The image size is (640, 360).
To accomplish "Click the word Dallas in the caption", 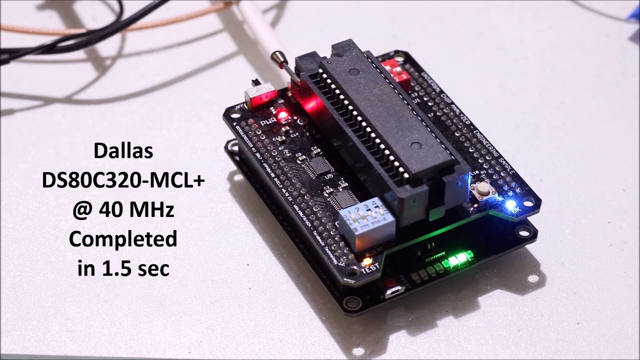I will click(123, 151).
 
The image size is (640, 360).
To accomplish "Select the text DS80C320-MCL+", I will click(123, 181).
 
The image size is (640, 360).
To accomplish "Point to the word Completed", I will click(123, 239).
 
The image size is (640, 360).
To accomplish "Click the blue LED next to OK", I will click(510, 204).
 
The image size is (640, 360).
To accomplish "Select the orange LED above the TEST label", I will click(367, 260).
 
